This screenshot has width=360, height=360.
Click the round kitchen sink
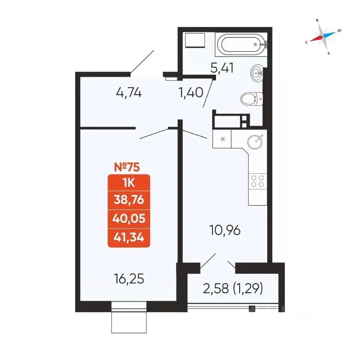[x=255, y=141]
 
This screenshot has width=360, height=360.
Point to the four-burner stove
[x=258, y=181]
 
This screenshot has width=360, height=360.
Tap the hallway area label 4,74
[x=129, y=93]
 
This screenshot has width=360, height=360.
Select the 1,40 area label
[x=190, y=93]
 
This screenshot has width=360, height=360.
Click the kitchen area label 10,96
[x=225, y=230]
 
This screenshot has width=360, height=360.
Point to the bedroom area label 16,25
[x=129, y=279]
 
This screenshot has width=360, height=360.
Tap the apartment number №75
[x=127, y=167]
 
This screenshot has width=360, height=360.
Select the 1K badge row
[x=129, y=183]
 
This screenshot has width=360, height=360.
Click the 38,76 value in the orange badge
[x=129, y=200]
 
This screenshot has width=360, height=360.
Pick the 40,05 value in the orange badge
[x=129, y=219]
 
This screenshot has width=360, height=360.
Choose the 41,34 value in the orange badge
[x=129, y=237]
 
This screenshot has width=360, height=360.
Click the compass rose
[x=323, y=36]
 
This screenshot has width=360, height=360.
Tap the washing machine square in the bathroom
[x=195, y=40]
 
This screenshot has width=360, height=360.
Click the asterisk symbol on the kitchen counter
[x=223, y=139]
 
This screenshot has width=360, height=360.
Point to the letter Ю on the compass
[x=339, y=30]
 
